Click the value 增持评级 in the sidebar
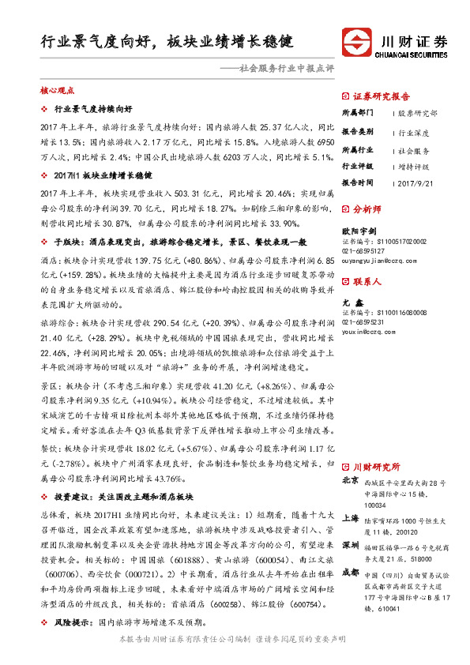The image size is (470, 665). coord(416,166)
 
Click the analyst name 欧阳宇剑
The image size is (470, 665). coord(356,232)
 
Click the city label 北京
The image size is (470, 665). coord(350,480)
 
